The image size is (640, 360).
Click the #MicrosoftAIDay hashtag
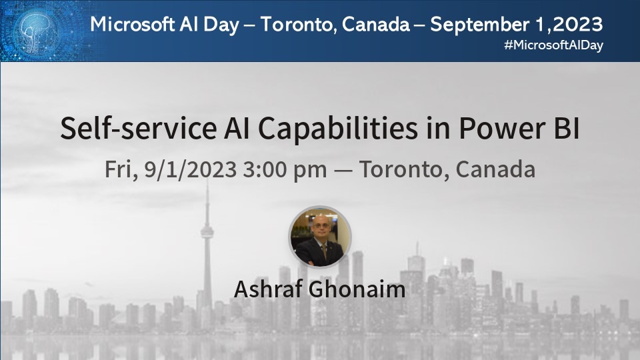click(555, 46)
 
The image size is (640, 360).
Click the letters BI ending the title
click(565, 128)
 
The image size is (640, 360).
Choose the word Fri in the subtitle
click(121, 169)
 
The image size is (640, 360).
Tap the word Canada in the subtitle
click(495, 169)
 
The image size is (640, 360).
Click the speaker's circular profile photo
click(320, 237)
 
